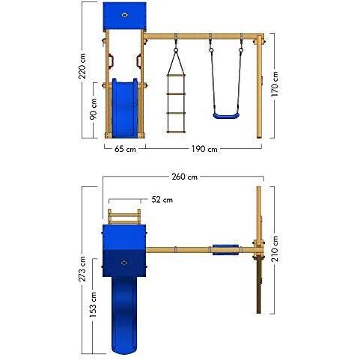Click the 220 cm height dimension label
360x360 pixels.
(82, 66)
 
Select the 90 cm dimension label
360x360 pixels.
(94, 109)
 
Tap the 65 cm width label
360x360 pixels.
(125, 149)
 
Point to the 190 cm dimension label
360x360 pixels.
(204, 149)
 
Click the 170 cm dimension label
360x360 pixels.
(275, 85)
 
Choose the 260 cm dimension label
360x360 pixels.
(185, 177)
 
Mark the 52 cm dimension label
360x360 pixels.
(162, 200)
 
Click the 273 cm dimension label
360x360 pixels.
(82, 269)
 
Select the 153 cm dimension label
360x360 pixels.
(93, 305)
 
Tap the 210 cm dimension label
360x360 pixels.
(275, 248)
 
